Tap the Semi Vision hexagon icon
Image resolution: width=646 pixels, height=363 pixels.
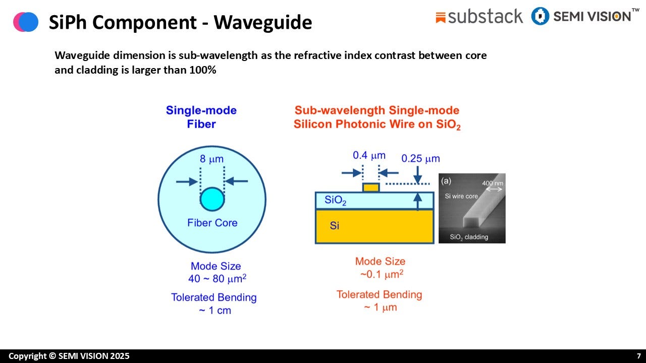tap(540, 16)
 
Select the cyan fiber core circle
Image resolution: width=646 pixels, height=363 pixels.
tap(212, 199)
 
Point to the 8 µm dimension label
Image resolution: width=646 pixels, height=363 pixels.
tap(211, 159)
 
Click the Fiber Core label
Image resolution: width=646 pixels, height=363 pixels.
tap(212, 223)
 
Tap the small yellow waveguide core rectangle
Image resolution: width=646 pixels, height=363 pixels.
tap(371, 188)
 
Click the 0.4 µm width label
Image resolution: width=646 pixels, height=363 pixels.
tap(369, 156)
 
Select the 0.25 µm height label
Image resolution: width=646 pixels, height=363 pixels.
tap(420, 159)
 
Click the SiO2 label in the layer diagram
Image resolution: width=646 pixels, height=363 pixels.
tap(335, 200)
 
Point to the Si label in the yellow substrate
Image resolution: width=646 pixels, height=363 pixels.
tap(334, 225)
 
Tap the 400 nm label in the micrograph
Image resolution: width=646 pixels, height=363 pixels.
tap(493, 184)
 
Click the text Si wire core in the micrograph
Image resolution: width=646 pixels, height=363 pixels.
tap(461, 196)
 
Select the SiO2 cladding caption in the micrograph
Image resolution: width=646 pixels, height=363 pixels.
tap(469, 237)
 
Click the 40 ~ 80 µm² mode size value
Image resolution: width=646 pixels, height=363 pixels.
tap(217, 278)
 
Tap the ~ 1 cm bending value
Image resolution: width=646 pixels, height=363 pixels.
tap(215, 310)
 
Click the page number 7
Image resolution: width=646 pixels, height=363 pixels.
tap(638, 356)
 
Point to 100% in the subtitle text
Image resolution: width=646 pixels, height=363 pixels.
tap(202, 70)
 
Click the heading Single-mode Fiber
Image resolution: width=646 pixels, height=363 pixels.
tap(201, 117)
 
